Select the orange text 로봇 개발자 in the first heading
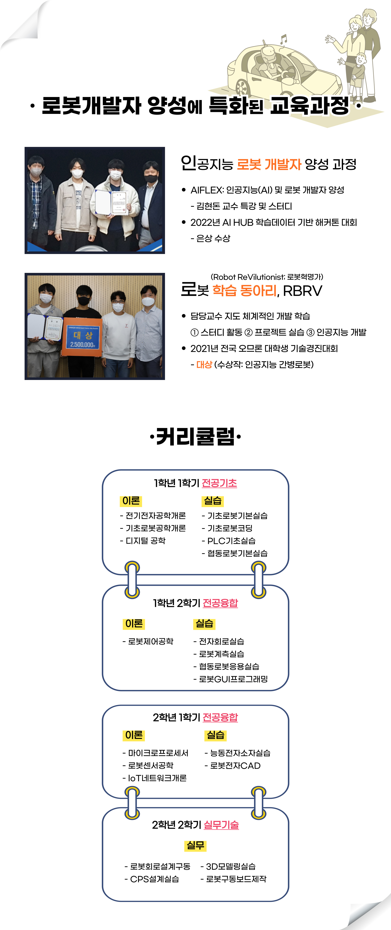[x=269, y=164]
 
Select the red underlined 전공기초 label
[x=219, y=483]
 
